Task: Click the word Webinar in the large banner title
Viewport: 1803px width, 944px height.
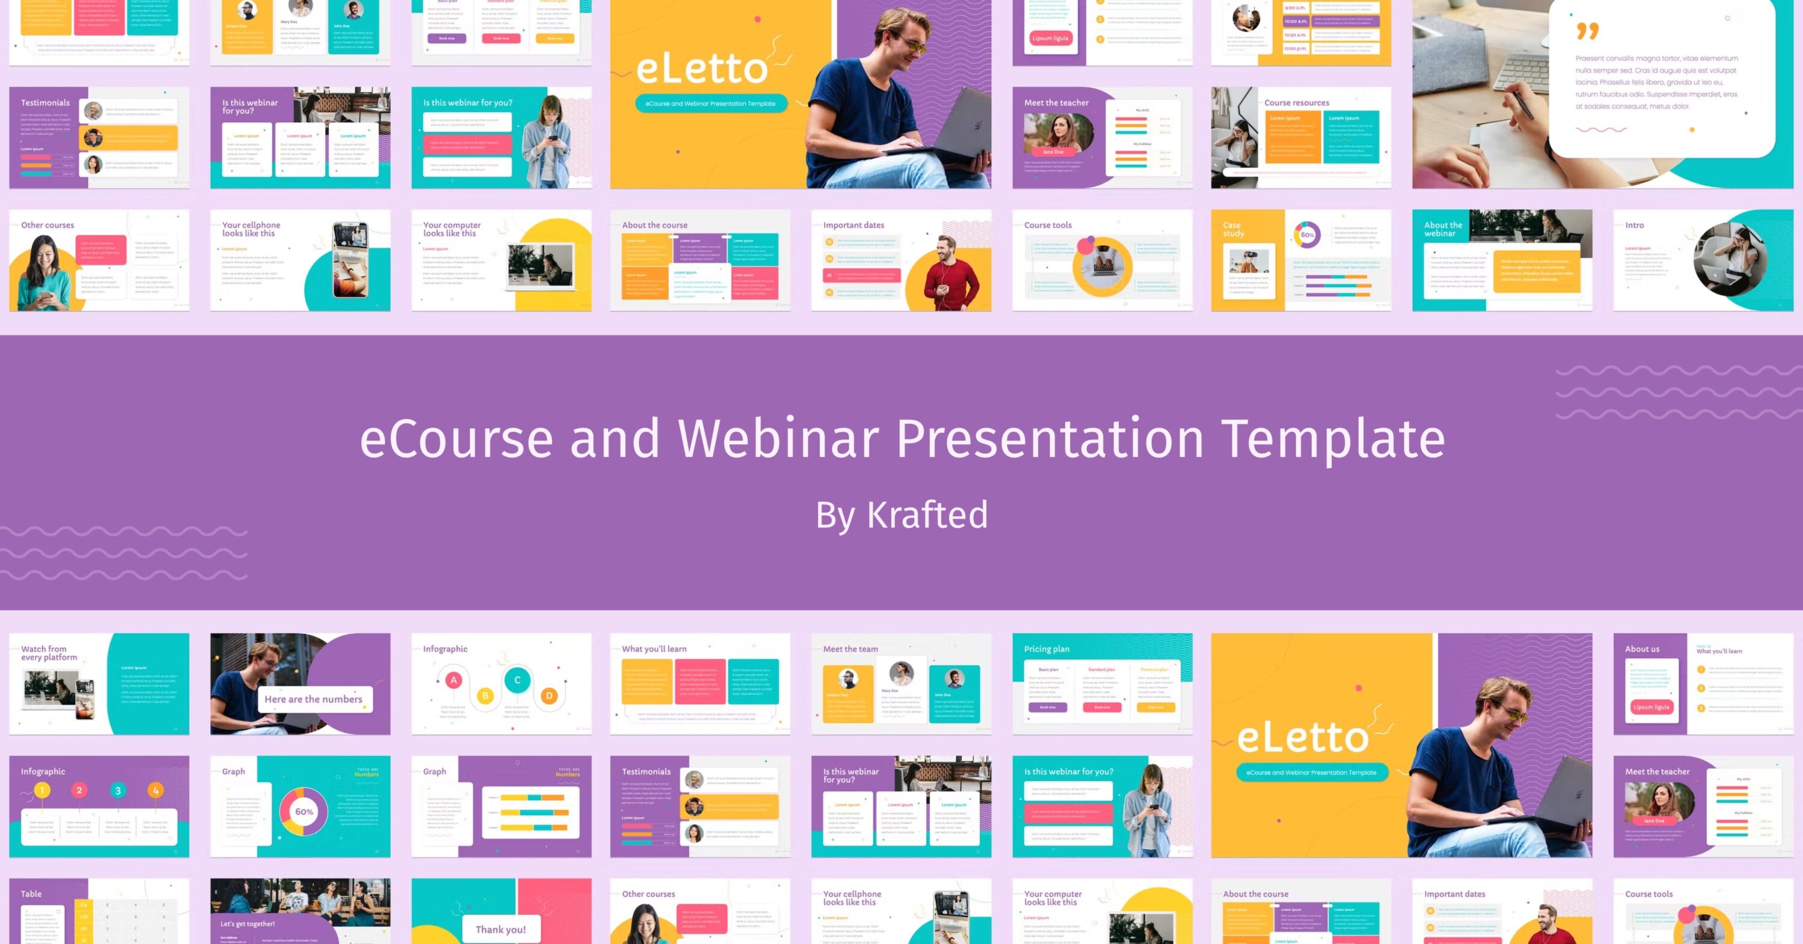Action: click(778, 438)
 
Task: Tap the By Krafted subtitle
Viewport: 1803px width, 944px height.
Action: click(901, 515)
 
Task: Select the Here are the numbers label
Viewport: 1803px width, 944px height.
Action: click(313, 699)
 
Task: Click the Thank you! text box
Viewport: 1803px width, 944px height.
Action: click(501, 930)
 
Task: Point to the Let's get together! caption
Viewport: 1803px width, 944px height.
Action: click(247, 924)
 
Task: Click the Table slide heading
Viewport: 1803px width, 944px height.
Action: click(31, 893)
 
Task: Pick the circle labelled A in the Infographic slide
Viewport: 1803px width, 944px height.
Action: click(454, 680)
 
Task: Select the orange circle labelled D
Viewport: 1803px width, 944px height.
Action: click(549, 696)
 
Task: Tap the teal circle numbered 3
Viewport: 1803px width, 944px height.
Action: click(118, 791)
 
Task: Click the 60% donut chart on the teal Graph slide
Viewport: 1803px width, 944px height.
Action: click(304, 812)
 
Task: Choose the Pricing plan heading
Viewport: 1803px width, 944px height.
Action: click(1046, 649)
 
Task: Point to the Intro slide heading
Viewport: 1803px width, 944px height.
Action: click(1634, 225)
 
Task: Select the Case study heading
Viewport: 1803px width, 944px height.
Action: click(1233, 229)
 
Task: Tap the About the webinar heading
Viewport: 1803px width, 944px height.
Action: click(1442, 229)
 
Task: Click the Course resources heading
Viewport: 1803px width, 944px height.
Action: click(1296, 102)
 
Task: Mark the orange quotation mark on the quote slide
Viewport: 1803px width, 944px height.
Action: click(1587, 31)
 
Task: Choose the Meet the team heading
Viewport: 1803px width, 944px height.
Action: click(850, 649)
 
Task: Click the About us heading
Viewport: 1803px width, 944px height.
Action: click(1642, 649)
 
